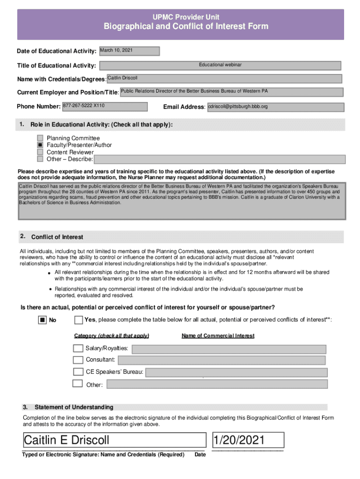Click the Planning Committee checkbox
pyautogui.click(x=40, y=138)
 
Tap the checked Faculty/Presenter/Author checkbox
pyautogui.click(x=40, y=145)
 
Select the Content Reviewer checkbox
pyautogui.click(x=40, y=152)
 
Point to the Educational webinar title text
pyautogui.click(x=220, y=65)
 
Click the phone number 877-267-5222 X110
pyautogui.click(x=84, y=106)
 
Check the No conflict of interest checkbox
pyautogui.click(x=42, y=320)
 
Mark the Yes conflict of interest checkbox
pyautogui.click(x=79, y=320)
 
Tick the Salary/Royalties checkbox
pyautogui.click(x=78, y=348)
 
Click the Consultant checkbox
pyautogui.click(x=78, y=360)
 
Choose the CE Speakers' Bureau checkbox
pyautogui.click(x=78, y=372)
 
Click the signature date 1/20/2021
pyautogui.click(x=239, y=440)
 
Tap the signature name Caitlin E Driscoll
pyautogui.click(x=66, y=440)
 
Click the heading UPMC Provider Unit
pyautogui.click(x=186, y=17)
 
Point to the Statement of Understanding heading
pyautogui.click(x=74, y=407)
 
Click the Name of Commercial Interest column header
pyautogui.click(x=218, y=336)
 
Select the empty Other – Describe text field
pyautogui.click(x=219, y=160)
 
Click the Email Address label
pyautogui.click(x=184, y=107)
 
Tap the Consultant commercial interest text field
pyautogui.click(x=221, y=360)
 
